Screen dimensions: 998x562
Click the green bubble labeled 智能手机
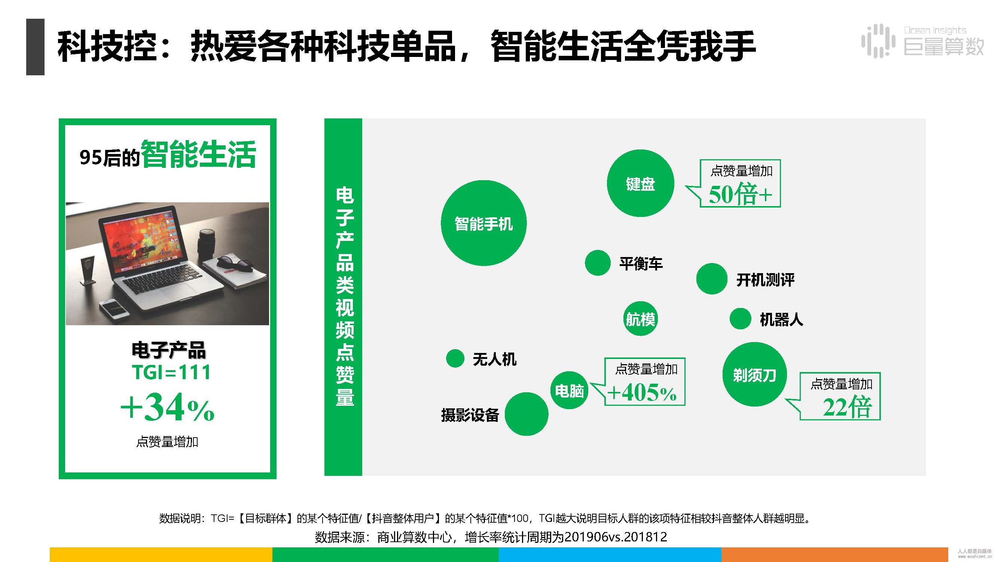point(483,223)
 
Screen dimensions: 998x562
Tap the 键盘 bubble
point(640,183)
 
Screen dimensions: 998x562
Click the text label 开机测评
point(765,280)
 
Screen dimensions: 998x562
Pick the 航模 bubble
point(640,318)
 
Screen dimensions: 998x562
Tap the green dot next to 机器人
point(741,319)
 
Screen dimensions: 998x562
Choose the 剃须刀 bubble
point(754,374)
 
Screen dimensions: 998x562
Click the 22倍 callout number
point(847,407)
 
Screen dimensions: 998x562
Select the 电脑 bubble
point(569,390)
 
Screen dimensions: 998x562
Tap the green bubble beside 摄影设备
point(527,414)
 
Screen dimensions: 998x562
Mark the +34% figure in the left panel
point(167,407)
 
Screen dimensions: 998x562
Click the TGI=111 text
point(171,372)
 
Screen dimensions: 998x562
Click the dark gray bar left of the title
point(35,46)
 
